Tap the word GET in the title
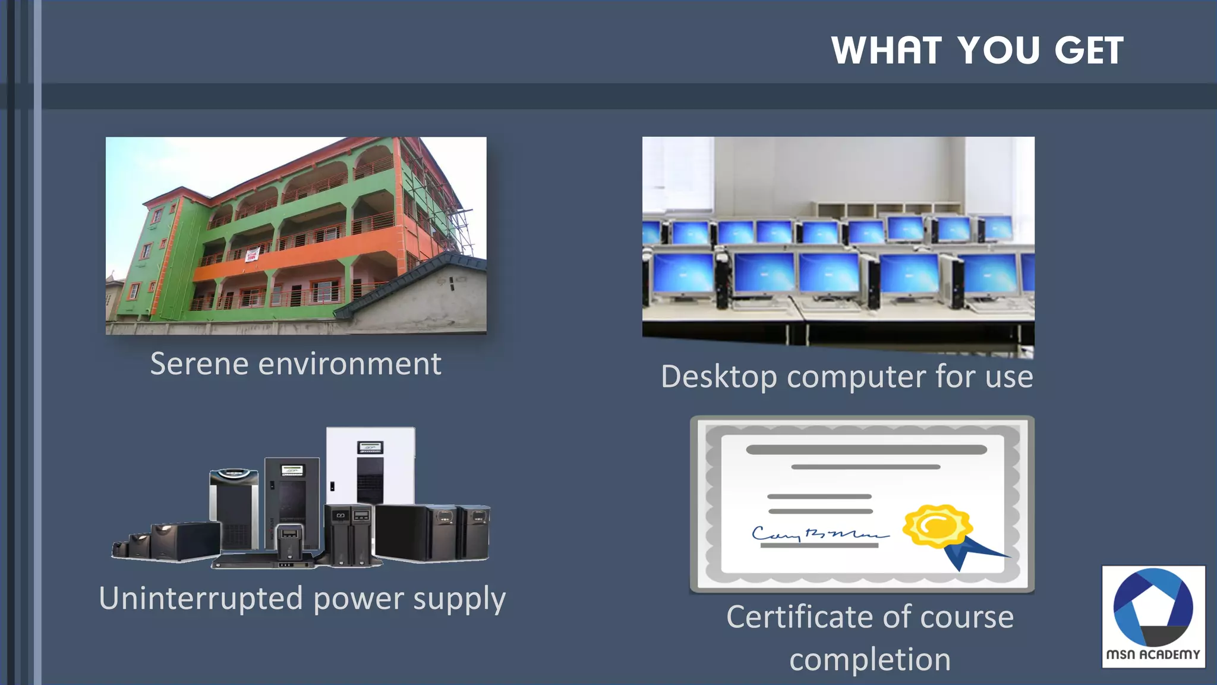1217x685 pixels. pyautogui.click(x=1089, y=51)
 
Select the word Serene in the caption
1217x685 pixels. pyautogui.click(x=198, y=364)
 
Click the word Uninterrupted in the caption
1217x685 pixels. pyautogui.click(x=201, y=598)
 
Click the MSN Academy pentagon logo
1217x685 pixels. pyautogui.click(x=1153, y=607)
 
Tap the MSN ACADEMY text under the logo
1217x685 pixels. pyautogui.click(x=1153, y=655)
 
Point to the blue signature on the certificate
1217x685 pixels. pyautogui.click(x=819, y=534)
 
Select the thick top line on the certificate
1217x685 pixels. pyautogui.click(x=866, y=450)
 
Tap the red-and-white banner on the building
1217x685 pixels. pyautogui.click(x=253, y=256)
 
